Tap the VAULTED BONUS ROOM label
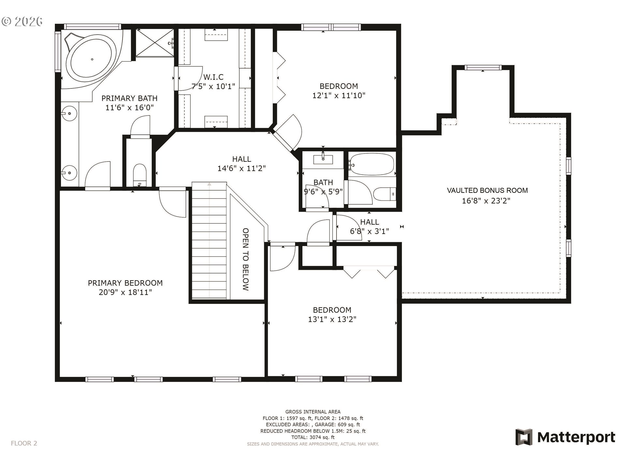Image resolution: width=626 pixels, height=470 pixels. [x=487, y=191]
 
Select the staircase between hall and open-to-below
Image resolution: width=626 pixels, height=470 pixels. [x=209, y=242]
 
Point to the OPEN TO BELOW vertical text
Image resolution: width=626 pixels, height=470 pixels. [x=246, y=259]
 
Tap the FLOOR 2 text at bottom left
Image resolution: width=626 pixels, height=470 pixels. [x=24, y=443]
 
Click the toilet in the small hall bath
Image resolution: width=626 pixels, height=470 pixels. [x=385, y=194]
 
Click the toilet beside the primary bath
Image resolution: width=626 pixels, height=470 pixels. [x=140, y=175]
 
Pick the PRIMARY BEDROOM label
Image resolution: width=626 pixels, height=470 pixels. [x=125, y=283]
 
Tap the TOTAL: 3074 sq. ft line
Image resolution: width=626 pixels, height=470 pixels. [x=313, y=437]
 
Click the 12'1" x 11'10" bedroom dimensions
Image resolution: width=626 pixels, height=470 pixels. [x=339, y=96]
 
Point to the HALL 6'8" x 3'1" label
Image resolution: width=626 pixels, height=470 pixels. [x=369, y=227]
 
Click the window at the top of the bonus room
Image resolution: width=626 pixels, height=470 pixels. [x=483, y=68]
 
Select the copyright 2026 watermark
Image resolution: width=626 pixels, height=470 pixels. [x=22, y=22]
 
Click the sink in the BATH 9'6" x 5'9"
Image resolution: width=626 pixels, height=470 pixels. [x=323, y=160]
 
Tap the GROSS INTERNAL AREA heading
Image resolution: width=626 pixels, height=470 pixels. [x=313, y=412]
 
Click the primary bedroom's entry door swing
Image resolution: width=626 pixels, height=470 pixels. [x=172, y=202]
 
